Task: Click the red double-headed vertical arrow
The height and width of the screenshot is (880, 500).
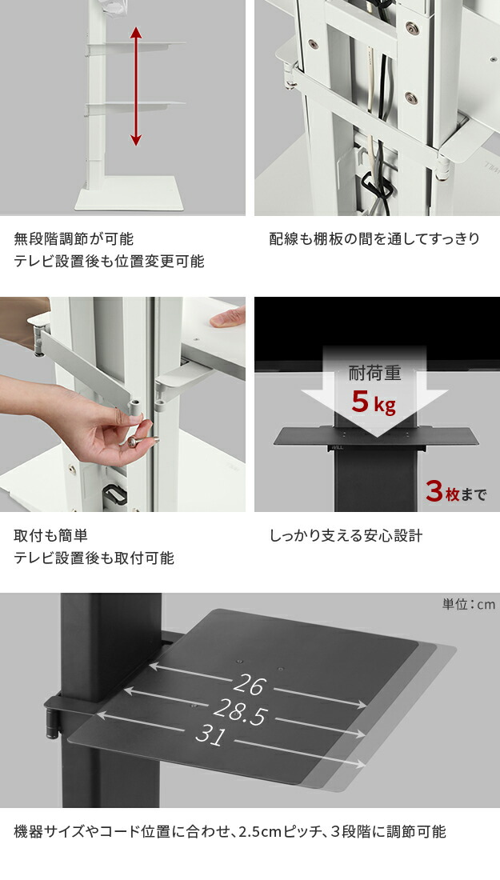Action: coord(136,86)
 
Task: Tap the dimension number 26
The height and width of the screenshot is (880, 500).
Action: coord(249,685)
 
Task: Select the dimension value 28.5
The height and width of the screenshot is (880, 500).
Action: coord(240,712)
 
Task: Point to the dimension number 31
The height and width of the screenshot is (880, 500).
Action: coord(210,735)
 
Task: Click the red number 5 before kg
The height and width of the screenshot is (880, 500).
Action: coord(360,401)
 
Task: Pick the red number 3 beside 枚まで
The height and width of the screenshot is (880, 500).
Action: coord(434,492)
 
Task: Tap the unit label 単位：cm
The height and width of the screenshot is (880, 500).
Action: coord(469,605)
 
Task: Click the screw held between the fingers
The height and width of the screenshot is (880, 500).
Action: coord(138,441)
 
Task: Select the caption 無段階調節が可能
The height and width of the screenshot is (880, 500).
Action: coord(74,239)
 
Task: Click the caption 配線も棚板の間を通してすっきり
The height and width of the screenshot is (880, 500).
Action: coord(374,239)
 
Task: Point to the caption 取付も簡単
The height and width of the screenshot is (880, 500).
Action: coord(50,536)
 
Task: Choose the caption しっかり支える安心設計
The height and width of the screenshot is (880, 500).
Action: coord(346,536)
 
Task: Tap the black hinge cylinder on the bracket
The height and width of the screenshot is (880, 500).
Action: coord(52,725)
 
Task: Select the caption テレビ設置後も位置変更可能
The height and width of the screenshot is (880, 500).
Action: coord(109,262)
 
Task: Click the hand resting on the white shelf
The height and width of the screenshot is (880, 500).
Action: coord(228,318)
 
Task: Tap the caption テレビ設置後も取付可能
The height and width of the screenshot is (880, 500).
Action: coord(94,558)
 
